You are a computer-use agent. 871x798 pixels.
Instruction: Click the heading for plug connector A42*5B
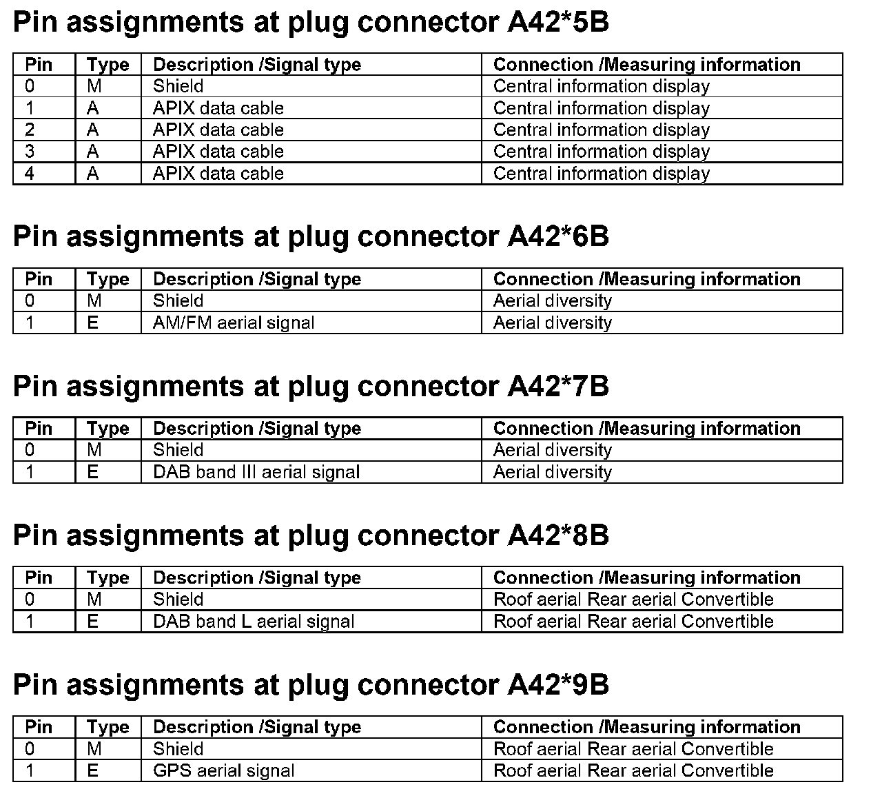[x=311, y=22]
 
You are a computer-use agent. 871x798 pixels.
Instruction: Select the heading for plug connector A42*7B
[x=311, y=386]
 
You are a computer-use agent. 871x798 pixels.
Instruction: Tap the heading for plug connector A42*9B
[x=311, y=684]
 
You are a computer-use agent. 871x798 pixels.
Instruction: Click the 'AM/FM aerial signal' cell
[x=234, y=323]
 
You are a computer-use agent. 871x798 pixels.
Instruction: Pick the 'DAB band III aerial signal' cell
[x=256, y=472]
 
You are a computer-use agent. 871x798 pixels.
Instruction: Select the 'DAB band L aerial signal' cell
[x=254, y=621]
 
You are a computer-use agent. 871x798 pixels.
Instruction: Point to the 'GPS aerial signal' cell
[x=223, y=770]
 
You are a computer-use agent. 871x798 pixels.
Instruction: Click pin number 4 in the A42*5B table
[x=30, y=173]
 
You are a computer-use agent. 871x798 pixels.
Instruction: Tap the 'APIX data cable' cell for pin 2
[x=218, y=130]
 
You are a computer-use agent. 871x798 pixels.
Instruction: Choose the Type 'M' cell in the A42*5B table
[x=94, y=86]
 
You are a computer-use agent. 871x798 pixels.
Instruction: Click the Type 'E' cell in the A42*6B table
[x=93, y=323]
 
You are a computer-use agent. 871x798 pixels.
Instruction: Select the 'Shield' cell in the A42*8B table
[x=178, y=599]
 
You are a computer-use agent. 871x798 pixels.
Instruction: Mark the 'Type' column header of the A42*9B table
[x=108, y=727]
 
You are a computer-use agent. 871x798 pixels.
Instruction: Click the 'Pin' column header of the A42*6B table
[x=39, y=279]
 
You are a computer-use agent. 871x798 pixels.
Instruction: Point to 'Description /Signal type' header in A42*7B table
[x=257, y=429]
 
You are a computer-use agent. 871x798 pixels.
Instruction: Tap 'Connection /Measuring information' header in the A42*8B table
[x=647, y=577]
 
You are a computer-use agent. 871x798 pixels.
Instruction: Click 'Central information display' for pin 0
[x=602, y=86]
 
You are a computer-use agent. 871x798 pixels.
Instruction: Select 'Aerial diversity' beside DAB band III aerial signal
[x=553, y=472]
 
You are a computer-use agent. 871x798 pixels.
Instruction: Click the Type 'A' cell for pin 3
[x=93, y=152]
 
